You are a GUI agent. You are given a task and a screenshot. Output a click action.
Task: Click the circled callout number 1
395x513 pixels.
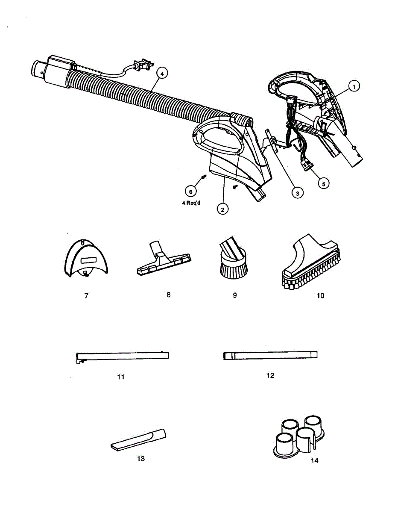tap(353, 86)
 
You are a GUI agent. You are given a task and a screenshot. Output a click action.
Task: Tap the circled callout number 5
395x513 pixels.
tap(323, 183)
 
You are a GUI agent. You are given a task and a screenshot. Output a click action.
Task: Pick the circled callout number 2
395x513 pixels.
tap(222, 209)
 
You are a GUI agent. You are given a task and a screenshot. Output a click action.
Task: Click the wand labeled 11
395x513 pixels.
tap(122, 356)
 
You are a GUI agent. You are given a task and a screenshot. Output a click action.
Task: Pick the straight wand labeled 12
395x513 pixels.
tap(270, 355)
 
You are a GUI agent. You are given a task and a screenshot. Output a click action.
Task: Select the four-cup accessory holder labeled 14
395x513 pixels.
tap(300, 436)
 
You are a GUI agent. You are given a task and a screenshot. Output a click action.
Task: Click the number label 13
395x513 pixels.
tap(141, 459)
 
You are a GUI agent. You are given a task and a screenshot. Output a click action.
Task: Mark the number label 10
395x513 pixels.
tap(320, 295)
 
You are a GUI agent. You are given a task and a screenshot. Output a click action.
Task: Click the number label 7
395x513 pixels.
tap(86, 296)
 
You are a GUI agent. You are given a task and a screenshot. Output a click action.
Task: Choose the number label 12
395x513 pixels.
tap(270, 375)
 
